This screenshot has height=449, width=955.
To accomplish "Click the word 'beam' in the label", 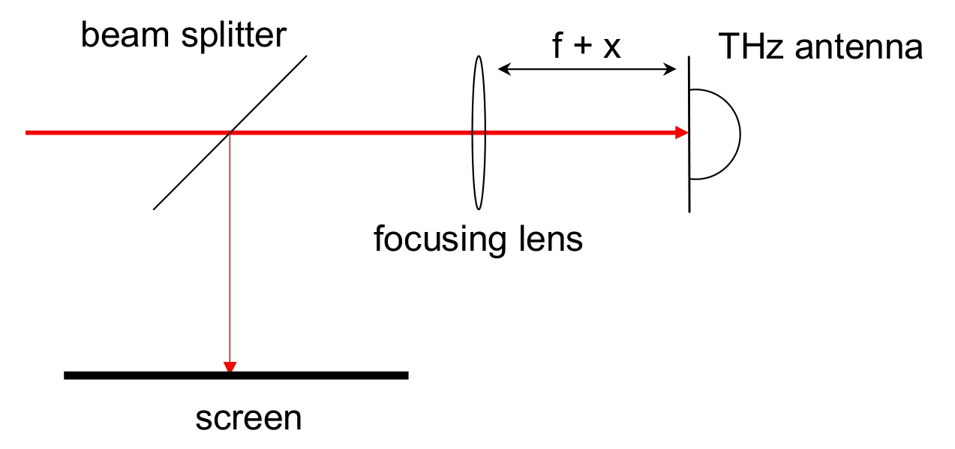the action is point(125,35).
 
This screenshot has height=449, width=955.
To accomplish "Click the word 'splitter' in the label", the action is point(234,37).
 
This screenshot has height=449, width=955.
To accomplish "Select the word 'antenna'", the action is point(859,47).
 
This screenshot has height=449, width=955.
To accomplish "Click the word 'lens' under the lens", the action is point(551,239).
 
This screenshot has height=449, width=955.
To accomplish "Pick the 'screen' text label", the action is point(248,419).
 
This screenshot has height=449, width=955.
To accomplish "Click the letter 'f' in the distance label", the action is point(557,45).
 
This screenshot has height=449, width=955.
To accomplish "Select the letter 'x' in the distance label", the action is point(612,48).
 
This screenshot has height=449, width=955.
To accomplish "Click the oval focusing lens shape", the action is point(472,132).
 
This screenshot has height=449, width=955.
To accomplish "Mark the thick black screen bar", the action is point(236,375).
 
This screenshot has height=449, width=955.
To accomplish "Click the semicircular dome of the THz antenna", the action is point(740,134).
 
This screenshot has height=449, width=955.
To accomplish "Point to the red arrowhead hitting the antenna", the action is point(682,132).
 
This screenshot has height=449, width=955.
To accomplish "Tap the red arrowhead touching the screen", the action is point(230,366).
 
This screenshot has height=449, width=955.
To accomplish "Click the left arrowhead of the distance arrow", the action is point(504,69).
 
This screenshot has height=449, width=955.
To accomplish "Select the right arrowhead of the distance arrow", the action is point(669,69).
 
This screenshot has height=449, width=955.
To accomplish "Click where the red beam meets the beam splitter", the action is point(230,132).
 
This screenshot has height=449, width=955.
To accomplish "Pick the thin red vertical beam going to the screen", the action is point(230,248).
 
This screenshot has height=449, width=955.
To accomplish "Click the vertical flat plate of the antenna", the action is point(689,134).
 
